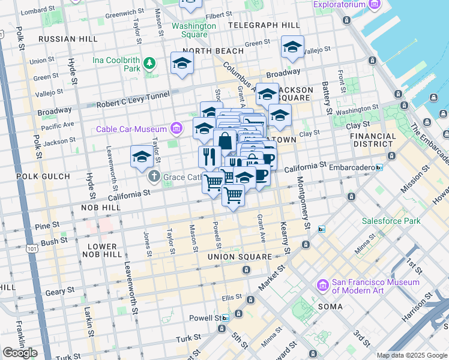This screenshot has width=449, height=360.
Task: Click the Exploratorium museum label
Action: [x=339, y=4]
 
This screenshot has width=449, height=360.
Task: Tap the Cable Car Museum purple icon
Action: [x=176, y=128]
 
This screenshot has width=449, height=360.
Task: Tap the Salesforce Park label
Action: [x=391, y=221]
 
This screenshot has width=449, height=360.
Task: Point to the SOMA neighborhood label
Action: [x=331, y=307]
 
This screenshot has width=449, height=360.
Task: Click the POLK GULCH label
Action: [x=44, y=177]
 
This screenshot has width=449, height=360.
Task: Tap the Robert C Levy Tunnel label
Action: [x=133, y=99]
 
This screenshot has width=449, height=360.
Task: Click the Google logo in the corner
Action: [x=20, y=353]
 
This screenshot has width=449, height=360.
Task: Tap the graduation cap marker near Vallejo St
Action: [x=292, y=47]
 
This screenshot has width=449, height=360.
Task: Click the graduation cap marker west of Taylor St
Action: [x=142, y=157]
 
